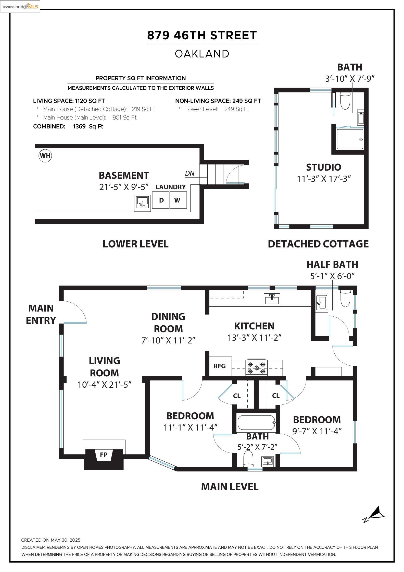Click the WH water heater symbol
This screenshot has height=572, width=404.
click(45, 156)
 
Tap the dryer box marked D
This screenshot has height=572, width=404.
click(161, 200)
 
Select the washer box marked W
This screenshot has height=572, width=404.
click(178, 200)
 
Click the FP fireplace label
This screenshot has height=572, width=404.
click(104, 455)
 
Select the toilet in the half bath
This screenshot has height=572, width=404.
click(345, 298)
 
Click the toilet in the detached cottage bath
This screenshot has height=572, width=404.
click(345, 101)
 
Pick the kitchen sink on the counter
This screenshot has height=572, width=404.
click(272, 299)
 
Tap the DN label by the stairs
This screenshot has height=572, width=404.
click(190, 173)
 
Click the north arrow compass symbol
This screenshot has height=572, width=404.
click(374, 514)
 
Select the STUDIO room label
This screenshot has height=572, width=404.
click(324, 167)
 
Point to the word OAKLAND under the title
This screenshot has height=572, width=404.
click(202, 54)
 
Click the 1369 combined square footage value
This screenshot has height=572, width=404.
click(79, 126)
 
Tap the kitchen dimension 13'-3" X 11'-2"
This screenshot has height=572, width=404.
click(254, 338)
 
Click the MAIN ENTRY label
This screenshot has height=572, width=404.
click(41, 314)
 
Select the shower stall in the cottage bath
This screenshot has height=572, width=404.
click(350, 139)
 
